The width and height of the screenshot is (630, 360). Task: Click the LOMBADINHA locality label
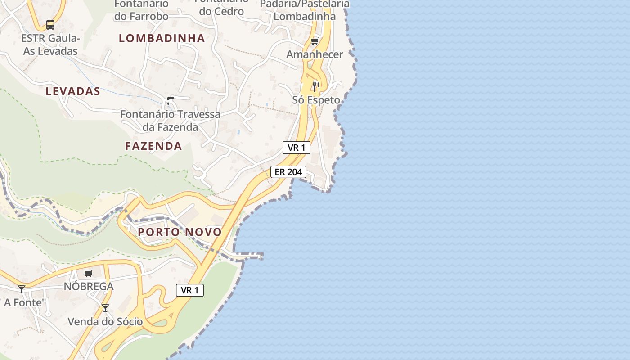click(x=162, y=38)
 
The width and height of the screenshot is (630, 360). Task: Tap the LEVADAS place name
click(x=73, y=91)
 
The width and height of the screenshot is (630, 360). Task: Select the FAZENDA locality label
click(x=153, y=146)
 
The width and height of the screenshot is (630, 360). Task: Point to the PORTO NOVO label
click(x=180, y=232)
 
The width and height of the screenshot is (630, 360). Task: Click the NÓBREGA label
click(x=89, y=286)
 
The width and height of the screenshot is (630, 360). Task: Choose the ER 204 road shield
click(x=288, y=172)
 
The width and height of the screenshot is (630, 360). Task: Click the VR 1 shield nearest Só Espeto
click(x=297, y=148)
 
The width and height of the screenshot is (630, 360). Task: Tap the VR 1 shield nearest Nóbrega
click(x=190, y=290)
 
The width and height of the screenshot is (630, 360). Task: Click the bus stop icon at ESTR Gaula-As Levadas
click(x=50, y=25)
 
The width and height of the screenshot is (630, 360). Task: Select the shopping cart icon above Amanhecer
click(x=315, y=41)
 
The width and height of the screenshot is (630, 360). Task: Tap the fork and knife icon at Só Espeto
click(x=316, y=86)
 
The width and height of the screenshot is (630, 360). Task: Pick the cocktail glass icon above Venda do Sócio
click(x=105, y=308)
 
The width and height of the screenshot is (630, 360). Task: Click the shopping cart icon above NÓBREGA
click(x=89, y=273)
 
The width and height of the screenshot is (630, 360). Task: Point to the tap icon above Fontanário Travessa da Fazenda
click(x=170, y=100)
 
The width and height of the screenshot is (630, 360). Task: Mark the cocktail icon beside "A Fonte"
click(x=22, y=289)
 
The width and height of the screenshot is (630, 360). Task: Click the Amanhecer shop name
click(x=315, y=55)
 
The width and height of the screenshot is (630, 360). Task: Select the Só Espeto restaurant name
click(x=316, y=100)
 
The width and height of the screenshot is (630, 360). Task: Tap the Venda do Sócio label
click(x=105, y=322)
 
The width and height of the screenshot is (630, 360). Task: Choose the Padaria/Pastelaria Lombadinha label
click(x=305, y=10)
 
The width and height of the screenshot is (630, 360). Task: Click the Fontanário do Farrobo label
click(x=141, y=10)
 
